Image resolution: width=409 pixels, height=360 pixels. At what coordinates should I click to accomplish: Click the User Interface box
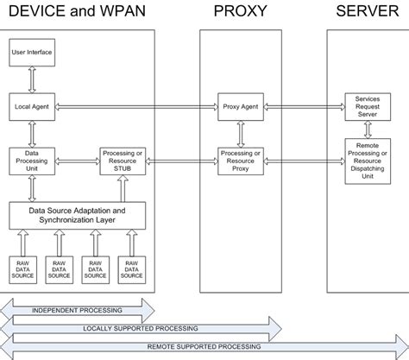[32, 53]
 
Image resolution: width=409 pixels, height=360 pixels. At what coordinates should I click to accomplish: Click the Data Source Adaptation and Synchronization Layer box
[78, 214]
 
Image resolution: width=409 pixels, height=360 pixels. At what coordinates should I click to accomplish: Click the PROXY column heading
[241, 12]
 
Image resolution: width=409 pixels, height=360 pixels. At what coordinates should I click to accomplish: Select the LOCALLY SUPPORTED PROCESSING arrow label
[140, 328]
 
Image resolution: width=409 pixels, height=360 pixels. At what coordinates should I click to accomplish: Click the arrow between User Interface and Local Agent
[32, 79]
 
